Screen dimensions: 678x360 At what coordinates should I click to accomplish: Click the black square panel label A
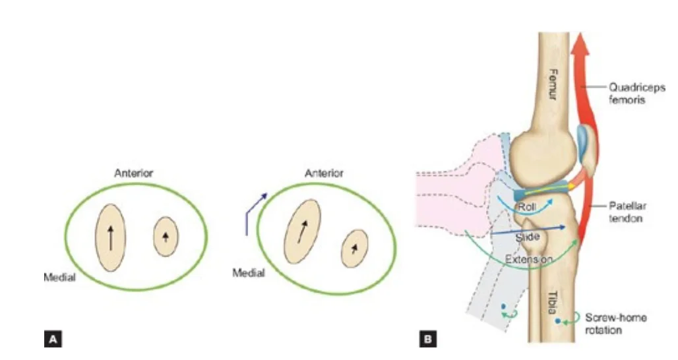click(53, 340)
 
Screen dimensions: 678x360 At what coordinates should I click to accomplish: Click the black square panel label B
click(427, 340)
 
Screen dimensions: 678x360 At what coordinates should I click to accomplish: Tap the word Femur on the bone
click(553, 84)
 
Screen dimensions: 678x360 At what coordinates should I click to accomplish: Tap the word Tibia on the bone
click(553, 302)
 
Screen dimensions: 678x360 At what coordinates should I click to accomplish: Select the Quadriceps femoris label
click(636, 94)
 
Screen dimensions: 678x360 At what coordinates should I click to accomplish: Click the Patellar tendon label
click(627, 212)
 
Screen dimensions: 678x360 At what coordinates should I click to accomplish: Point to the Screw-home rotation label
click(616, 324)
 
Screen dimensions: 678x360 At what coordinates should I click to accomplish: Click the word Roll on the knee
click(527, 206)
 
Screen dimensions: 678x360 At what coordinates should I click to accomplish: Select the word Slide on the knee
click(527, 237)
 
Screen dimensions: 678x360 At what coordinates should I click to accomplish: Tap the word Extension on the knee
click(529, 259)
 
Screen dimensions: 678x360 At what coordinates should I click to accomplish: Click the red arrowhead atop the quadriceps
click(580, 44)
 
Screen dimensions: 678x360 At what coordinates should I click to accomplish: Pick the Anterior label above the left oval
click(134, 173)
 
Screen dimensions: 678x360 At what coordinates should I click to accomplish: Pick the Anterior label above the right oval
click(324, 173)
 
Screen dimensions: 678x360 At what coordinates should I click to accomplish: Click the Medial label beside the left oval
click(59, 277)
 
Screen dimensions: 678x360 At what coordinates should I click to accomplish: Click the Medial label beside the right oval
click(249, 273)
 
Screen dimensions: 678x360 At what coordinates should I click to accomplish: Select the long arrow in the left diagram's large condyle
click(111, 238)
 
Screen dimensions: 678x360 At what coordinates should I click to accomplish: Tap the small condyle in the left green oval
click(166, 237)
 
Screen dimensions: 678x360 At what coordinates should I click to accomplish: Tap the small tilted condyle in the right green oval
click(355, 249)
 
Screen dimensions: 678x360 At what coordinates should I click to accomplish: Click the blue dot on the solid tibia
click(558, 321)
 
